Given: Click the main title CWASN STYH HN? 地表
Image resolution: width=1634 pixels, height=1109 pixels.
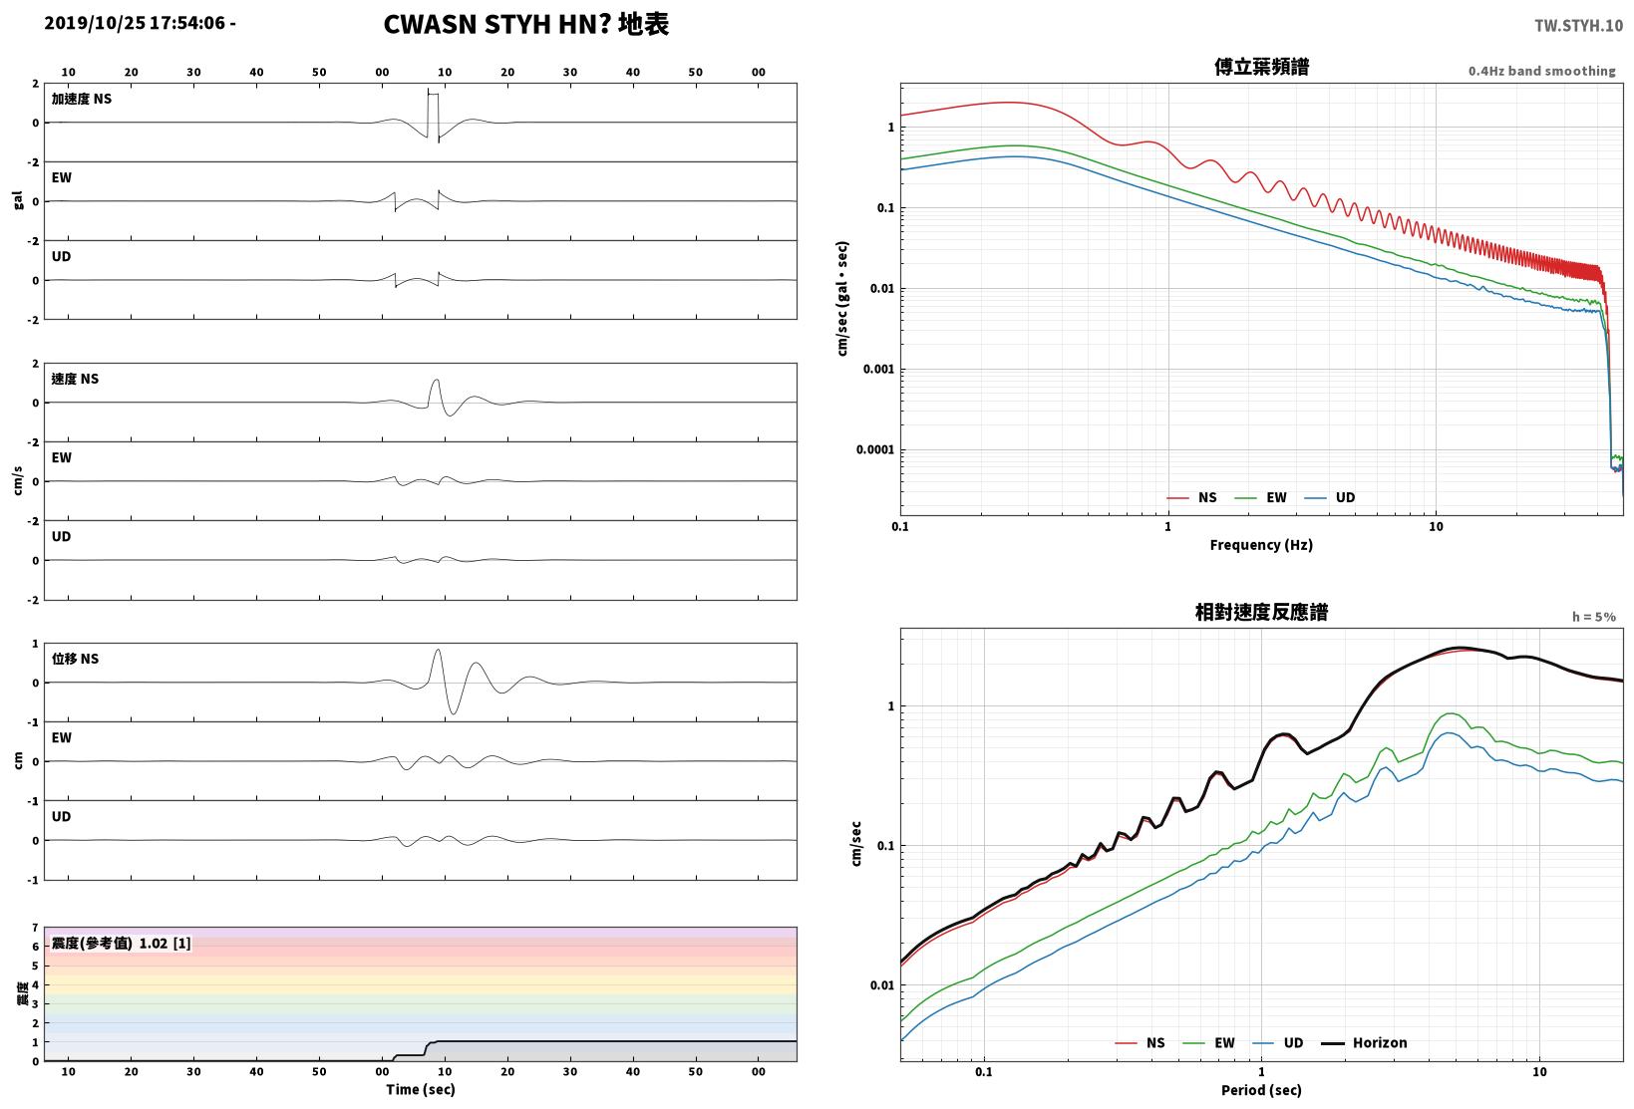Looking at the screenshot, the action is (x=525, y=24).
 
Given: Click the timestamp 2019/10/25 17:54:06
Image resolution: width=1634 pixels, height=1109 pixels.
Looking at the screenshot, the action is (x=135, y=23).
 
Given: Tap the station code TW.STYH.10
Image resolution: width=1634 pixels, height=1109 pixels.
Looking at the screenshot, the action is (x=1578, y=26).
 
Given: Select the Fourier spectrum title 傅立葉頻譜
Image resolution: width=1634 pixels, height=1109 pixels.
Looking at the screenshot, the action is (x=1261, y=67).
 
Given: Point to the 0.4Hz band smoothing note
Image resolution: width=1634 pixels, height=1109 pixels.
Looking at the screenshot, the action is (x=1541, y=71).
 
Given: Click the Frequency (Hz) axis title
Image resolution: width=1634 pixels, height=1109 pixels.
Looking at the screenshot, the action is (x=1260, y=545).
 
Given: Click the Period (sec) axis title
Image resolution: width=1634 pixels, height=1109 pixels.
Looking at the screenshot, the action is (x=1261, y=1090).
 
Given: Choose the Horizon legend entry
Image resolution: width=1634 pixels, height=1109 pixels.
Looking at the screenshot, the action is (x=1364, y=1042).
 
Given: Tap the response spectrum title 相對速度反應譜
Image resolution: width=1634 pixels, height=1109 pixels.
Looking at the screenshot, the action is (x=1261, y=612).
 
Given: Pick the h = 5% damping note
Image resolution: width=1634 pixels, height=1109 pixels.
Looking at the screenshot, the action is (x=1594, y=617).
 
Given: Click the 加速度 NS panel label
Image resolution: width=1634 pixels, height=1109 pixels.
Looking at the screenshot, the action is (x=82, y=99).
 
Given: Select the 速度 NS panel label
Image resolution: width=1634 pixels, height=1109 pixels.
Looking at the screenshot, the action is (x=75, y=379).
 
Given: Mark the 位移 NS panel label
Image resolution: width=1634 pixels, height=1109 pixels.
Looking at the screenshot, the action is (x=75, y=659).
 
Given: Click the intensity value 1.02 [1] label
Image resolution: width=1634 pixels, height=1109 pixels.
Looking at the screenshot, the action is (x=164, y=943).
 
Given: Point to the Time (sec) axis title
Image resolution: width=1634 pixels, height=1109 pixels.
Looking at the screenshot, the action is (x=420, y=1089).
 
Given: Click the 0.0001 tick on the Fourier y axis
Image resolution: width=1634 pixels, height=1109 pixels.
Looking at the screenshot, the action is (x=874, y=449).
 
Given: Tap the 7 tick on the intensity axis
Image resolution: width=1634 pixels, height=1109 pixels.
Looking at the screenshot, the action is (x=35, y=928).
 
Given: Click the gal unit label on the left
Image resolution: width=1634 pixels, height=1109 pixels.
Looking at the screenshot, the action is (x=18, y=200).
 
